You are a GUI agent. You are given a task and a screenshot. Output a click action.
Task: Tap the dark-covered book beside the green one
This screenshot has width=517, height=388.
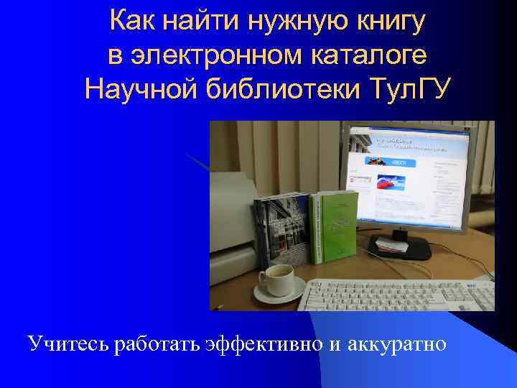tap(281, 230)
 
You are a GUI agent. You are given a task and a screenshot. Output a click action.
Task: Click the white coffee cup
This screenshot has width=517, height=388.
tap(276, 277)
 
